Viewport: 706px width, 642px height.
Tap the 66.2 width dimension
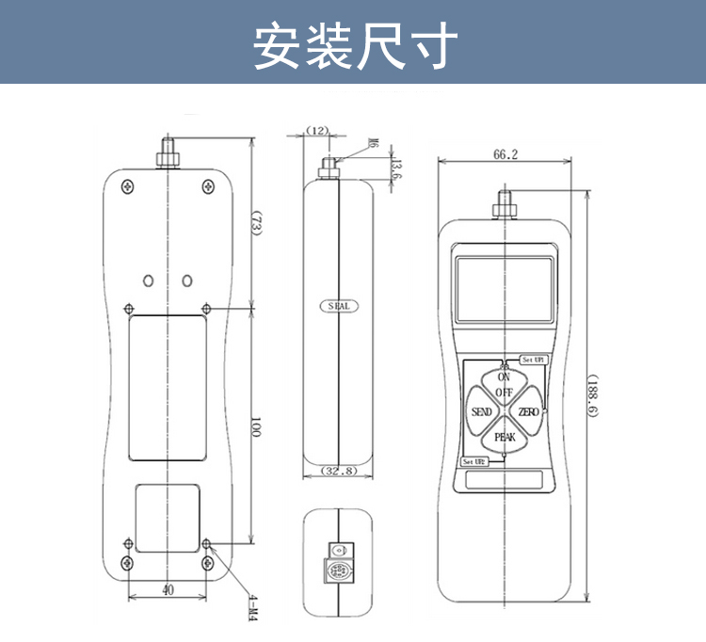[x=505, y=154]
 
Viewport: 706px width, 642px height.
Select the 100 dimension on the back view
[x=255, y=427]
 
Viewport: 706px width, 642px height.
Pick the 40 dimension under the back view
[x=167, y=590]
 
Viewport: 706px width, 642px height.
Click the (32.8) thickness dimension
[x=339, y=471]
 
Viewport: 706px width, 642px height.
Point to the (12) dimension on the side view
[x=317, y=131]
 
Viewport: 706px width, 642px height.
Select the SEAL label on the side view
[x=338, y=307]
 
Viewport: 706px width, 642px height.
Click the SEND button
[x=481, y=413]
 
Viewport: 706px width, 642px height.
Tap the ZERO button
[x=528, y=413]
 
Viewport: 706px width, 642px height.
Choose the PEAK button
[x=505, y=437]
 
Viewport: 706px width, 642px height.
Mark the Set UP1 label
[x=533, y=360]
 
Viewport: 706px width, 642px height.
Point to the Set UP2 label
[x=474, y=462]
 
